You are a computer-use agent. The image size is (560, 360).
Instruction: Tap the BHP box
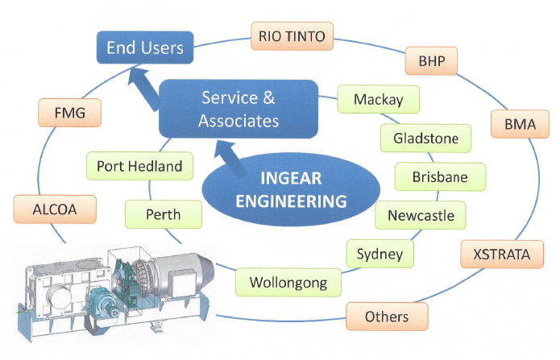[431, 60]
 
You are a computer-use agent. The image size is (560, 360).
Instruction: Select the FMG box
[72, 112]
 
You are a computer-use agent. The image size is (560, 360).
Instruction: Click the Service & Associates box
[239, 109]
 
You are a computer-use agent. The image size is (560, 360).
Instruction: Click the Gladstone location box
[425, 138]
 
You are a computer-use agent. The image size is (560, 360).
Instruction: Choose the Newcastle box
[421, 215]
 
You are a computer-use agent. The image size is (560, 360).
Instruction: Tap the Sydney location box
[380, 254]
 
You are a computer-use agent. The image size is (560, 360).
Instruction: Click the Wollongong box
[288, 283]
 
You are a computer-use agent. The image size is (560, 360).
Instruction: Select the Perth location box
[163, 215]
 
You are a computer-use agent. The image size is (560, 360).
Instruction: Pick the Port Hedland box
[139, 167]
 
